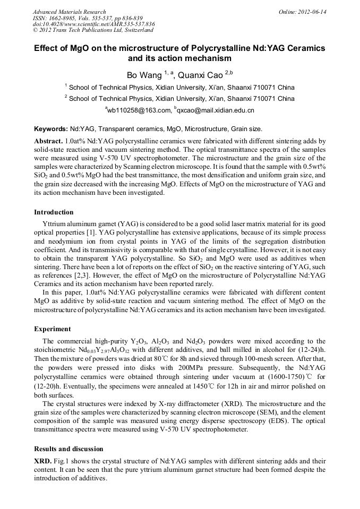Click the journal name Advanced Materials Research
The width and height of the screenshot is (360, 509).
click(69, 12)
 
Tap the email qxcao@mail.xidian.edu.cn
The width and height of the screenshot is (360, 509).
click(209, 110)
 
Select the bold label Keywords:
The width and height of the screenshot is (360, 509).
click(51, 129)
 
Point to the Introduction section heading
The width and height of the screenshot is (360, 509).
click(54, 212)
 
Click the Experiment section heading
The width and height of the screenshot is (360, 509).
click(52, 329)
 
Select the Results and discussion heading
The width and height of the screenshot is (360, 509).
click(68, 449)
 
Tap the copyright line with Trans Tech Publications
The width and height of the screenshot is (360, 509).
click(93, 30)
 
